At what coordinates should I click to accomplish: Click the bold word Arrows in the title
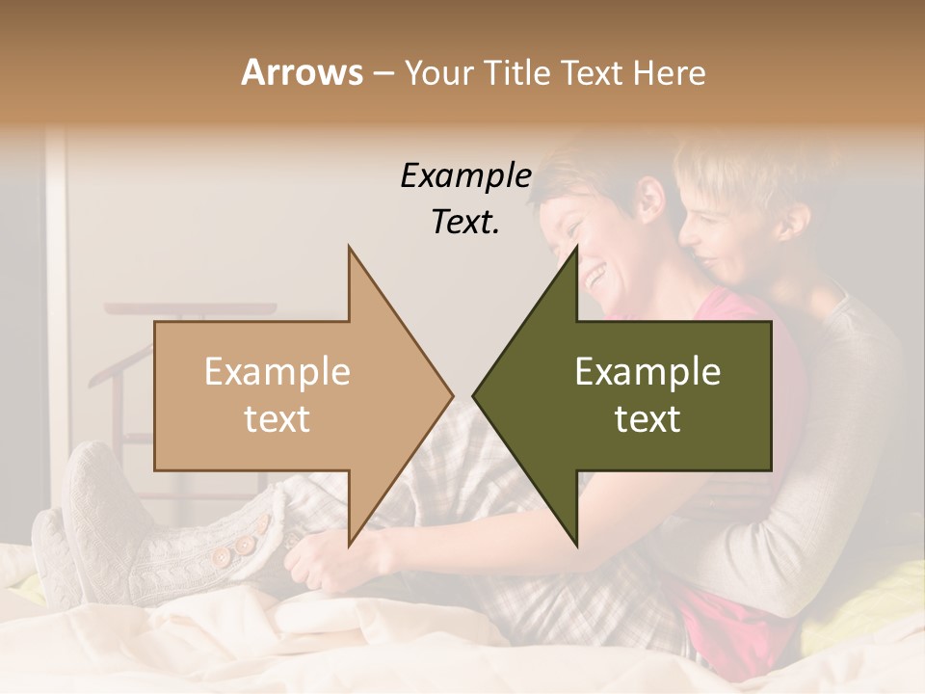pos(302,72)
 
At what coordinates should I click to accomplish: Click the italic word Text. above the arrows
pos(465,222)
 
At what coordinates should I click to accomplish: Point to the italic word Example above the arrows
pos(465,175)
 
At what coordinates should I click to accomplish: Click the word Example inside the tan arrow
pos(277,372)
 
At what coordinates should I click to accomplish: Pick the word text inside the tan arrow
pos(277,419)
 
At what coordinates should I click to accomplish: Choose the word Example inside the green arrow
pos(647,372)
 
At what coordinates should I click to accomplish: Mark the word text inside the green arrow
pos(647,419)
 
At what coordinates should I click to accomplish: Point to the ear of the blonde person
pos(793,222)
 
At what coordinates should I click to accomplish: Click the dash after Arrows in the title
pos(383,72)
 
